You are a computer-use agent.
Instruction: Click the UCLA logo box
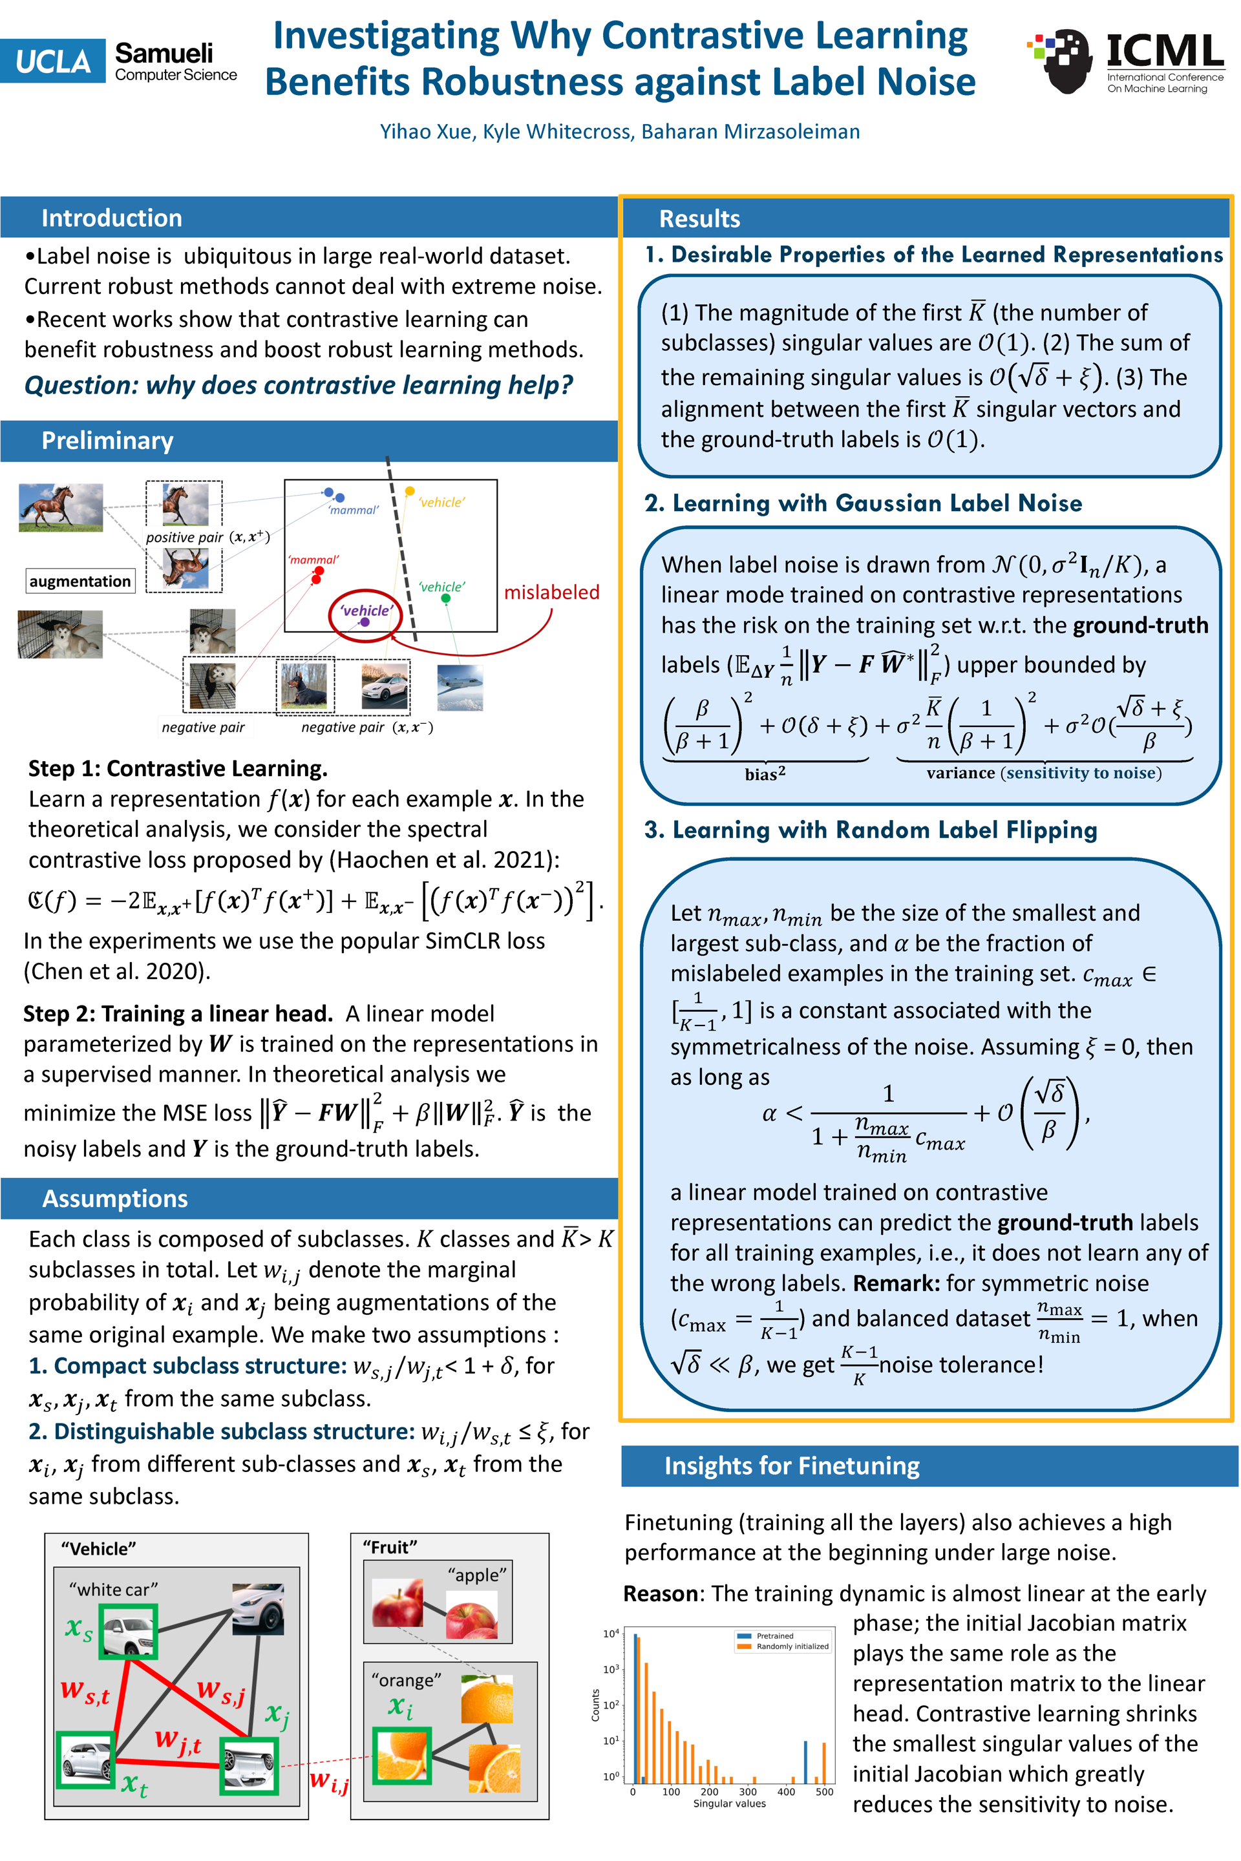tap(52, 61)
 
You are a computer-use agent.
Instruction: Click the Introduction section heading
tap(112, 218)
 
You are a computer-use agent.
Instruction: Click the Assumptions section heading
tap(115, 1198)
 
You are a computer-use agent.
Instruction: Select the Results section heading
tap(699, 218)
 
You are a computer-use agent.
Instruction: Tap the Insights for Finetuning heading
tap(791, 1466)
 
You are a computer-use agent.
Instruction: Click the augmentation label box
tap(80, 582)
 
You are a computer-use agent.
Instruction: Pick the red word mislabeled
tap(551, 592)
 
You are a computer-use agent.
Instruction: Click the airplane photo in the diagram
tap(460, 687)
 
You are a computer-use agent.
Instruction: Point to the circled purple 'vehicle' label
tap(366, 611)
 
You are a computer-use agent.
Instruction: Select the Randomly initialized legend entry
tap(791, 1646)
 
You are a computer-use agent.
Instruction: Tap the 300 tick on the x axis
tap(747, 1792)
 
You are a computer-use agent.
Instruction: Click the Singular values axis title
tap(729, 1803)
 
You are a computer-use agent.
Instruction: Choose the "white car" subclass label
tap(113, 1590)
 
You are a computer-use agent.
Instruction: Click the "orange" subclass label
tap(406, 1680)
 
